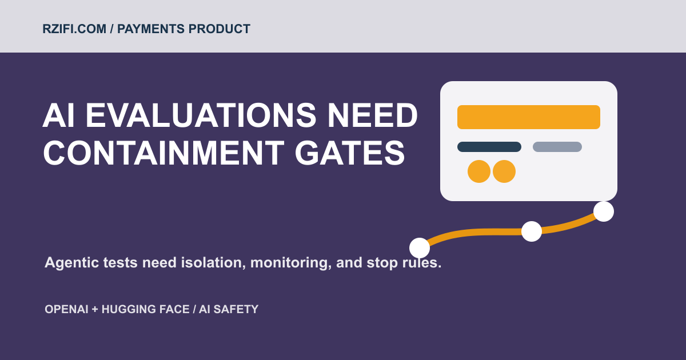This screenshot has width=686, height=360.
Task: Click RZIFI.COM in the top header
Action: point(74,29)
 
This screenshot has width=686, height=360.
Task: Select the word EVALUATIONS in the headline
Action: point(201,115)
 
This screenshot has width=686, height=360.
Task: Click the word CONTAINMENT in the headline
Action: point(164,153)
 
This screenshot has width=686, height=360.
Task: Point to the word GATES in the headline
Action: point(350,153)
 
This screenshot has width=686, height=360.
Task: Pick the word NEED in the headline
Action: point(373,115)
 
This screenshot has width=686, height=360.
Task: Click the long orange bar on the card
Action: point(529,117)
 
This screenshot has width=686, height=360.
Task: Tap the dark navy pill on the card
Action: point(489,147)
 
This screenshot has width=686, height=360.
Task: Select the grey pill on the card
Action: point(557,147)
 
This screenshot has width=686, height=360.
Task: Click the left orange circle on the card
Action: point(479,171)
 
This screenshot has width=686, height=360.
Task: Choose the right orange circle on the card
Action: point(504,171)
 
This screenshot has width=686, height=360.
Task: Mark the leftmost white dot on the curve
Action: point(420,248)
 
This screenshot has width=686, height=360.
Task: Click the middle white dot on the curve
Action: point(532,231)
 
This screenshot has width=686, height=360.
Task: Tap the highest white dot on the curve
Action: point(604,211)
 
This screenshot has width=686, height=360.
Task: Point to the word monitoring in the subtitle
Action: point(291,263)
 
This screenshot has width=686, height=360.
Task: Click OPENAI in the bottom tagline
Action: point(66,309)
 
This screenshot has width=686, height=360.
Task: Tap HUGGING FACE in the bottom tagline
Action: point(145,309)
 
